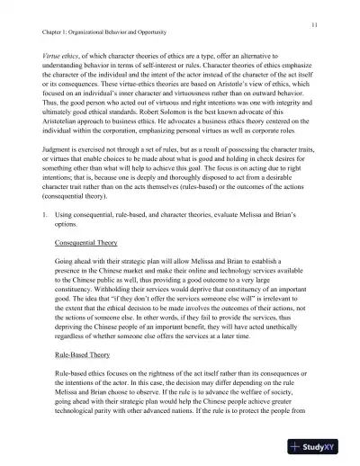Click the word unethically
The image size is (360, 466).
tap(273, 354)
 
